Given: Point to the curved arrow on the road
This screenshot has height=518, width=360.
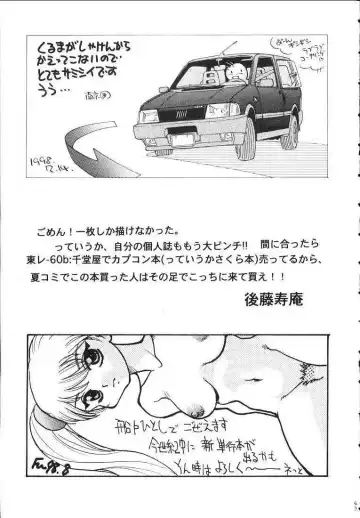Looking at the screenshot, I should (100, 150).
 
